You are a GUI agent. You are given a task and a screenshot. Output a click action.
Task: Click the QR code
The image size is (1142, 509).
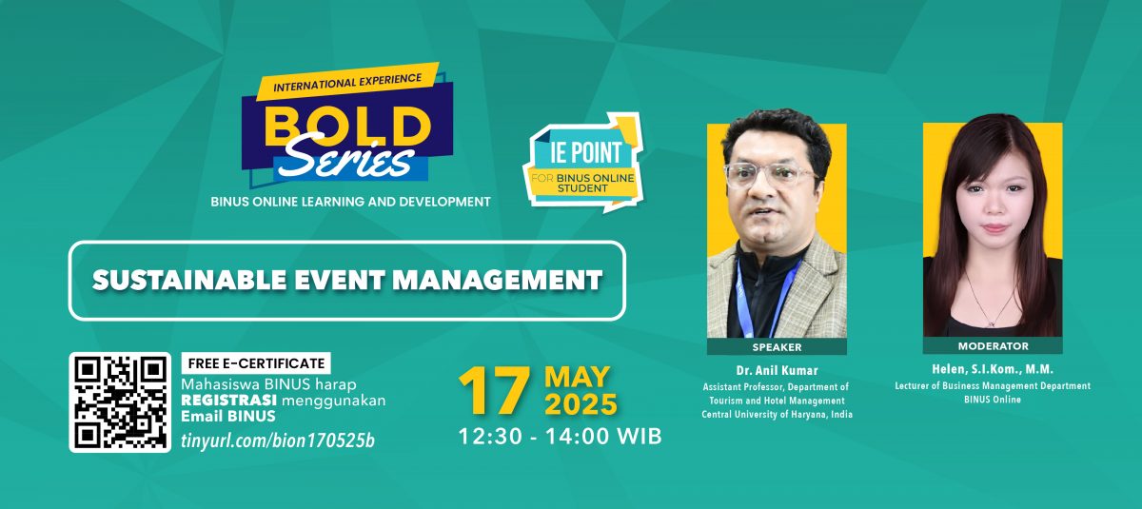click(x=120, y=402)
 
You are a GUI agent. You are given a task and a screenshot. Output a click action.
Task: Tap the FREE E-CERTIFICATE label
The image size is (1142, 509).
click(x=256, y=363)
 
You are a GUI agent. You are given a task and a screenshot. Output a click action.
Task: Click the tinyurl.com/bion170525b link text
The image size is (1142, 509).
click(x=278, y=440)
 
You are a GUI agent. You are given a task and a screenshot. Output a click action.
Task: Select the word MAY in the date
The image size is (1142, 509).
click(x=577, y=377)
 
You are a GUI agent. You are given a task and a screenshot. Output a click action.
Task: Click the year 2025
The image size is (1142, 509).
click(x=581, y=404)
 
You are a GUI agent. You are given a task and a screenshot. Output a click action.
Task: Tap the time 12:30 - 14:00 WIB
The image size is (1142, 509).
click(x=561, y=437)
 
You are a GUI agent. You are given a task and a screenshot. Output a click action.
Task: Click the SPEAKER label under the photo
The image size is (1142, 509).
click(x=777, y=347)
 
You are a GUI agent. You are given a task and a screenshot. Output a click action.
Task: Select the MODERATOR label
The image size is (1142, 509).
click(x=994, y=346)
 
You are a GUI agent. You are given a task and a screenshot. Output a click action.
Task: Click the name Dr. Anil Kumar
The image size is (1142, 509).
click(x=777, y=370)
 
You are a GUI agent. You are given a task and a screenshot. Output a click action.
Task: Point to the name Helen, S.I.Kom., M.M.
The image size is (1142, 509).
click(x=993, y=369)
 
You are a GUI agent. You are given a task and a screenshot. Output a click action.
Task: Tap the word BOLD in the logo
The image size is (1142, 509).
click(x=347, y=126)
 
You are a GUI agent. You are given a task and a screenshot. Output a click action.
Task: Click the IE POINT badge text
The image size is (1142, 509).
click(x=586, y=152)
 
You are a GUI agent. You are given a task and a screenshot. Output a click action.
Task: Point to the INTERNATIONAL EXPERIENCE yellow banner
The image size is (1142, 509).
click(x=347, y=82)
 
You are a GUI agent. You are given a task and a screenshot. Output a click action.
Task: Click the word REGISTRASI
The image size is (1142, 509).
click(x=229, y=401)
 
